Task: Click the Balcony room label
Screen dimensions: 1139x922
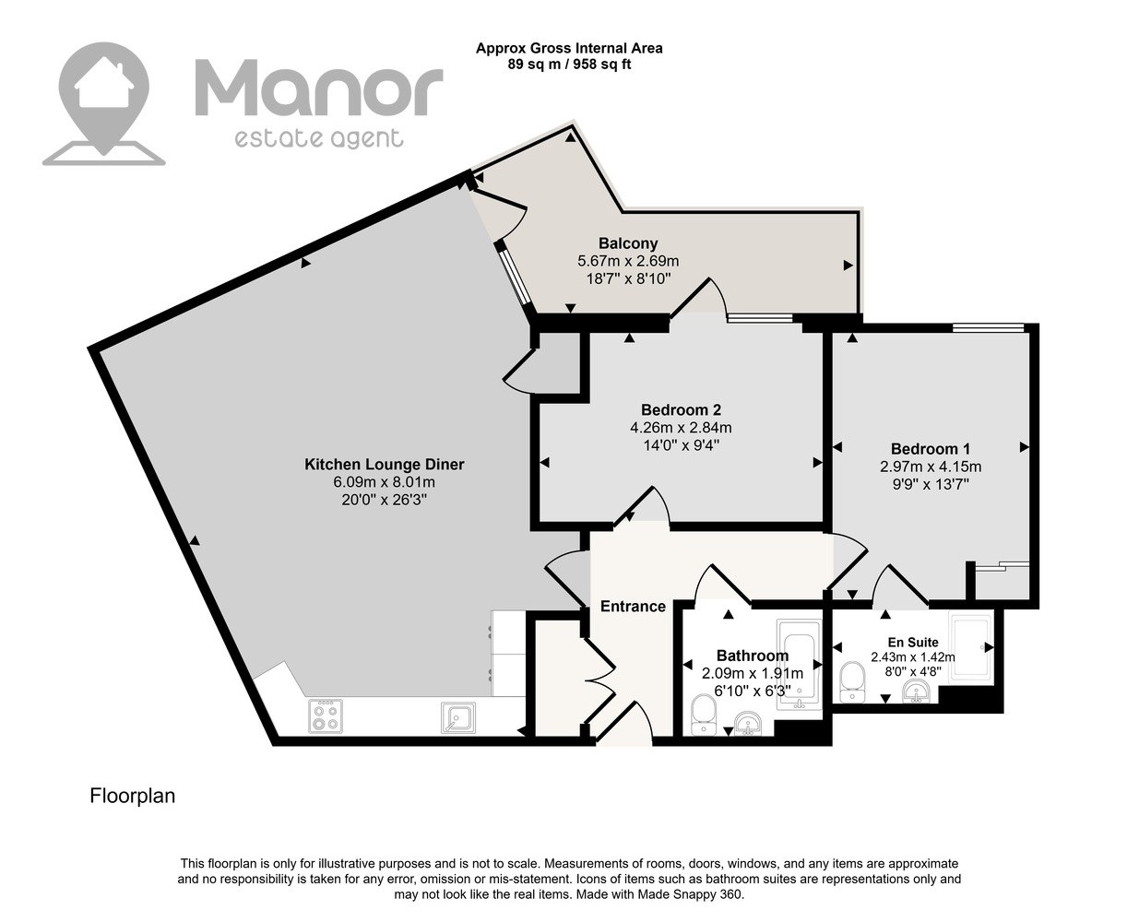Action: (x=628, y=243)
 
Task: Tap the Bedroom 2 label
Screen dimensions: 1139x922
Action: (x=681, y=410)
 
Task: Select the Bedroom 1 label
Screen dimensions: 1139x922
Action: (x=930, y=448)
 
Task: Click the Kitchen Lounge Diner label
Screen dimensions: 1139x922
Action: (x=384, y=464)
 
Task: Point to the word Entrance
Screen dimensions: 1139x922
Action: (x=633, y=606)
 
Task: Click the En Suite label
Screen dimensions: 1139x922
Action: (x=913, y=642)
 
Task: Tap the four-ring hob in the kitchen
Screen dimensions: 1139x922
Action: (x=326, y=716)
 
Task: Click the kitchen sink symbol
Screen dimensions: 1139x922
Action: (x=458, y=717)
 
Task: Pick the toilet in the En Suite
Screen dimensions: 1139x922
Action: (x=852, y=682)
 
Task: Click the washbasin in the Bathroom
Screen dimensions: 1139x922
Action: (x=748, y=723)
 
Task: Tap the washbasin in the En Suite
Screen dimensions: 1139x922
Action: (x=916, y=691)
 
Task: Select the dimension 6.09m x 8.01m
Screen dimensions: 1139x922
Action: (x=384, y=482)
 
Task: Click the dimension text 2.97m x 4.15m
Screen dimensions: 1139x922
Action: (x=931, y=467)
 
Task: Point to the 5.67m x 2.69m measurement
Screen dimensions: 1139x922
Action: (x=628, y=261)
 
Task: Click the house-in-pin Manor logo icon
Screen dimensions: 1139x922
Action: (x=103, y=103)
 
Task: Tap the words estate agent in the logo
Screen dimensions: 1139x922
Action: (x=319, y=139)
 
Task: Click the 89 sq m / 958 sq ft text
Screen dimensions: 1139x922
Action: (x=569, y=65)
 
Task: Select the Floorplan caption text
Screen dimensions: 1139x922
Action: (x=133, y=796)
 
